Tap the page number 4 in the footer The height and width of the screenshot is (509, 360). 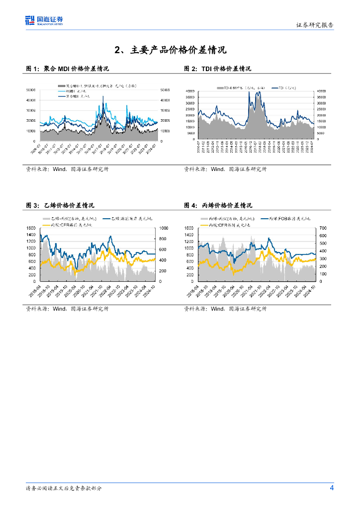click(x=332, y=488)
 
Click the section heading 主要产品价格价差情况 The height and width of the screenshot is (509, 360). click(x=171, y=50)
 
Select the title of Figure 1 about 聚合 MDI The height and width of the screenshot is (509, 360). click(x=67, y=69)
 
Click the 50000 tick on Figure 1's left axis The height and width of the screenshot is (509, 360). click(x=32, y=90)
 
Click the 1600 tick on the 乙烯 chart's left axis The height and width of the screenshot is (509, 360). click(x=31, y=228)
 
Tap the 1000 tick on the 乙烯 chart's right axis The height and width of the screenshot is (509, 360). click(x=163, y=228)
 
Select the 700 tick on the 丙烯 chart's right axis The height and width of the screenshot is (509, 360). click(x=323, y=228)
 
